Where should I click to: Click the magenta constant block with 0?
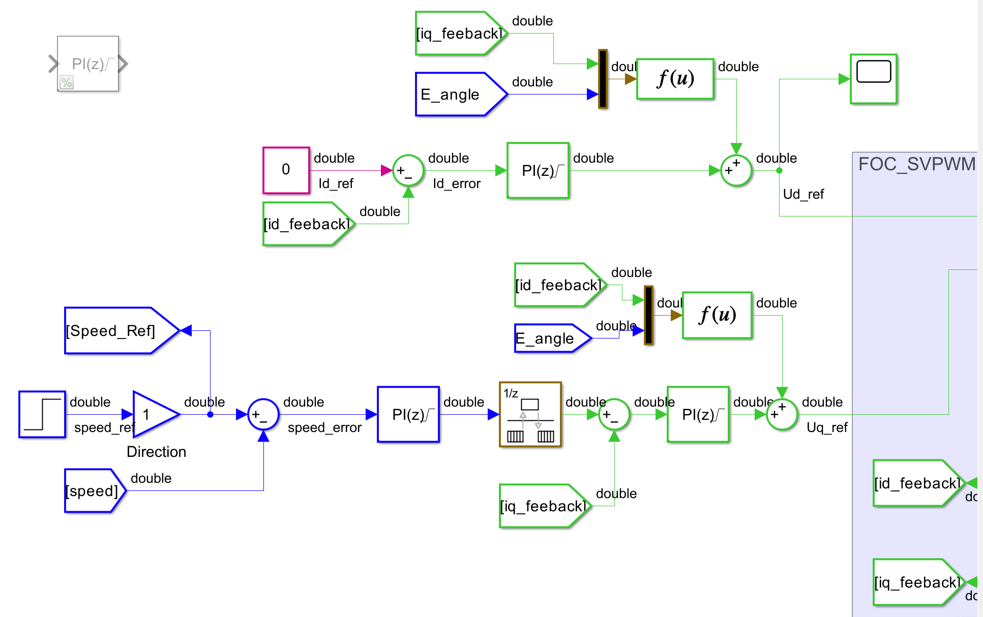pyautogui.click(x=286, y=170)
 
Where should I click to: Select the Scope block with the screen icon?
pyautogui.click(x=873, y=79)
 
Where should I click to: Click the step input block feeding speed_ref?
pyautogui.click(x=42, y=414)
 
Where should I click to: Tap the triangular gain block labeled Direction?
pyautogui.click(x=153, y=414)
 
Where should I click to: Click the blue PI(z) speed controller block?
pyautogui.click(x=408, y=414)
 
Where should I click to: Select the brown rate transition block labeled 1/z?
pyautogui.click(x=530, y=414)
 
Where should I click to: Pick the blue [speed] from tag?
pyautogui.click(x=93, y=490)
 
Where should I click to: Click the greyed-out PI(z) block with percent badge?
pyautogui.click(x=88, y=64)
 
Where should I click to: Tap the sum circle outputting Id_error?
pyautogui.click(x=408, y=170)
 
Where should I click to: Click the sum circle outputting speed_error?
pyautogui.click(x=263, y=414)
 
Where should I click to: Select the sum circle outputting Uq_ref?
pyautogui.click(x=782, y=414)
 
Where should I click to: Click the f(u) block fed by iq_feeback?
pyautogui.click(x=675, y=79)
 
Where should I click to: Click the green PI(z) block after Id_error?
pyautogui.click(x=538, y=170)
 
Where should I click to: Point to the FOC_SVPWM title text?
pyautogui.click(x=916, y=164)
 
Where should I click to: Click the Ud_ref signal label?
pyautogui.click(x=803, y=194)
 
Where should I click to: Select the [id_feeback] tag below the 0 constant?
pyautogui.click(x=306, y=224)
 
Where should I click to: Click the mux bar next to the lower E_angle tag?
pyautogui.click(x=648, y=315)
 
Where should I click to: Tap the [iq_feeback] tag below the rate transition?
pyautogui.click(x=543, y=506)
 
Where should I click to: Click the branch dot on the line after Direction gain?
pyautogui.click(x=210, y=414)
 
